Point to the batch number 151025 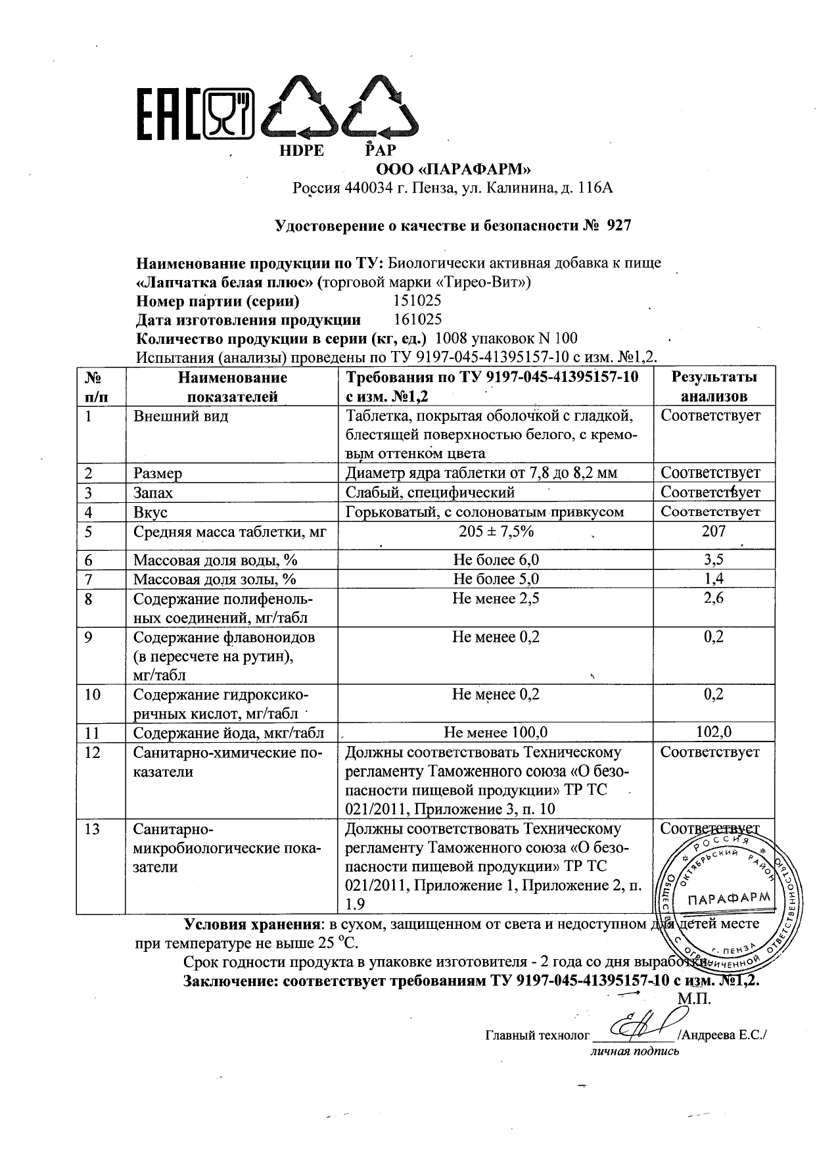pyautogui.click(x=417, y=301)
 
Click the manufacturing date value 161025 pyautogui.click(x=417, y=320)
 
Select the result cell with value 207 pyautogui.click(x=713, y=531)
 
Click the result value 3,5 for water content pyautogui.click(x=713, y=560)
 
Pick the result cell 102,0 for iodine pyautogui.click(x=713, y=732)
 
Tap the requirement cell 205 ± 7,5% pyautogui.click(x=496, y=531)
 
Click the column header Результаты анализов pyautogui.click(x=713, y=387)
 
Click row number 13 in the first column pyautogui.click(x=93, y=830)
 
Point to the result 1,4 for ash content pyautogui.click(x=713, y=579)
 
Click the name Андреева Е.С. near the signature pyautogui.click(x=725, y=1035)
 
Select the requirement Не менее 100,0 pyautogui.click(x=496, y=732)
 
